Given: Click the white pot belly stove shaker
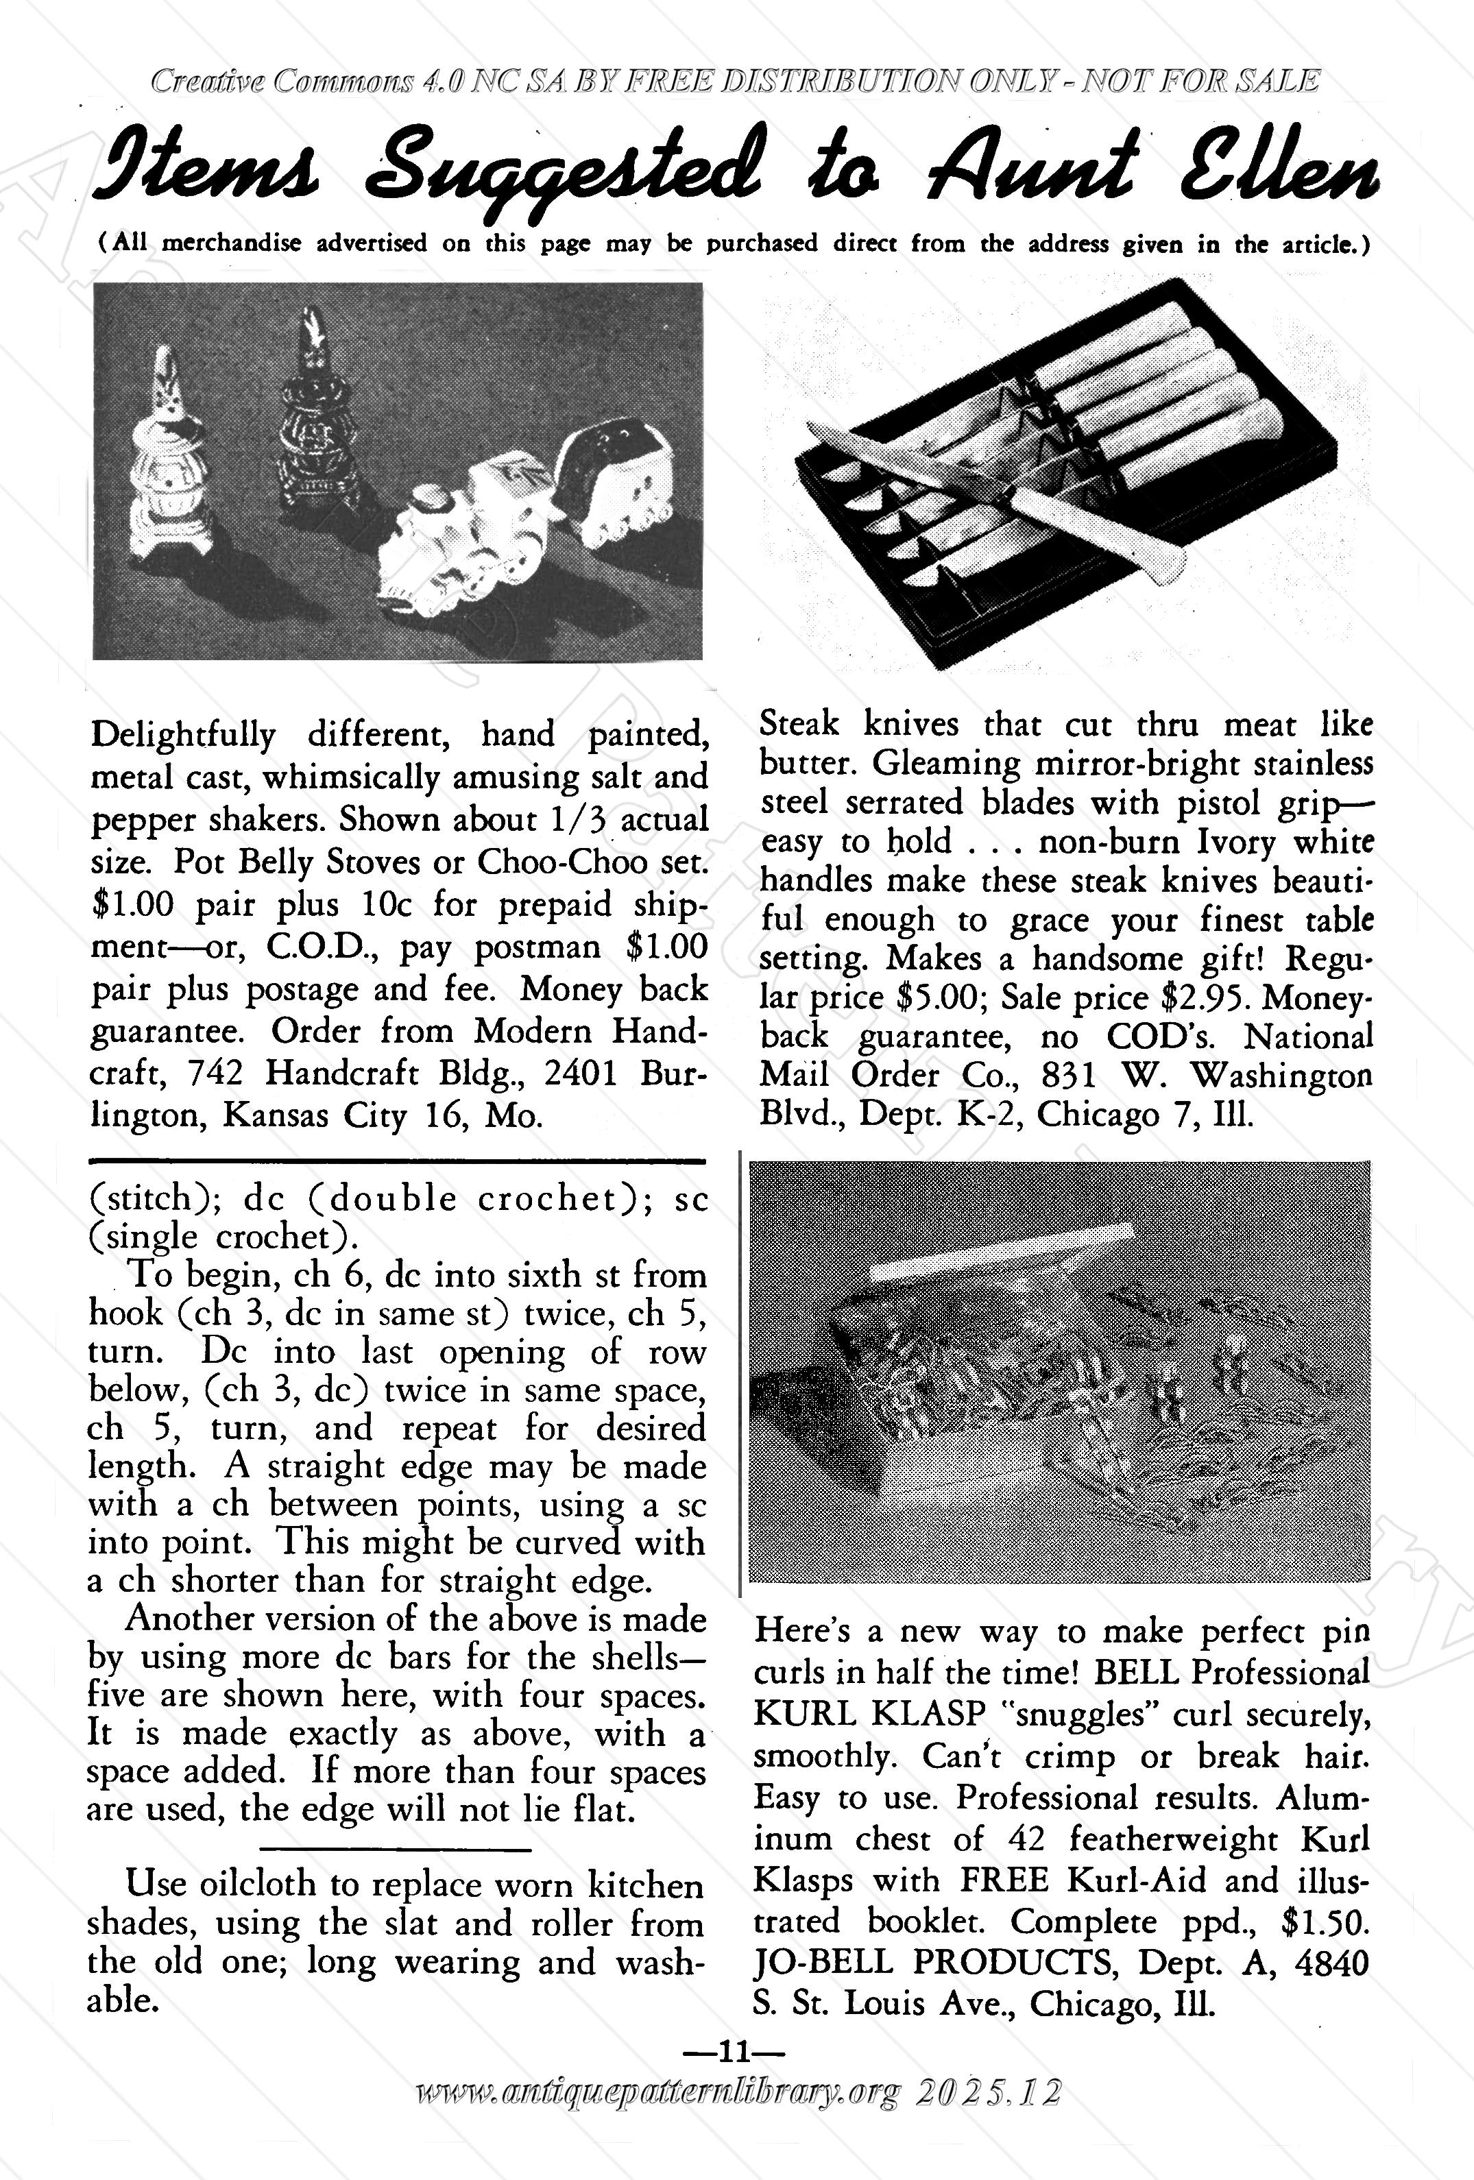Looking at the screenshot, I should pos(173,450).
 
